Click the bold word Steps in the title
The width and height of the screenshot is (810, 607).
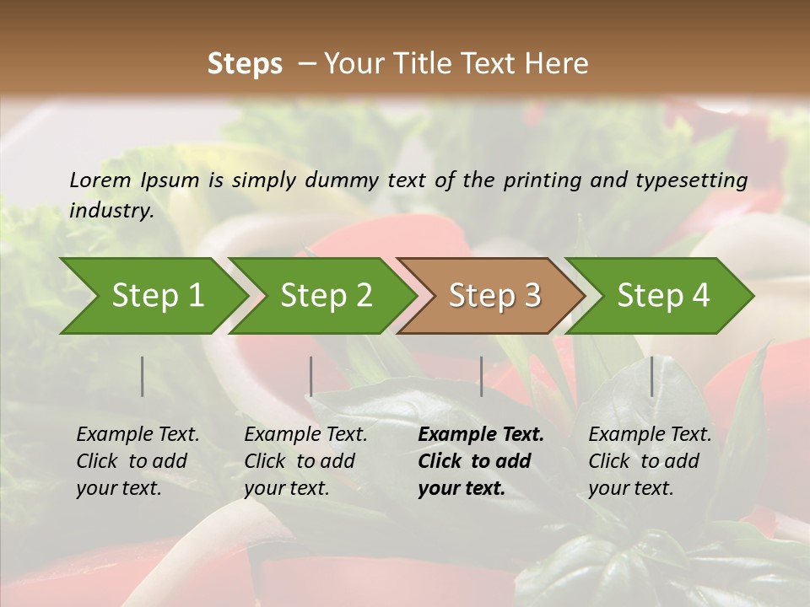click(x=245, y=64)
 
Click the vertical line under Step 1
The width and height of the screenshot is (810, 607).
click(x=143, y=376)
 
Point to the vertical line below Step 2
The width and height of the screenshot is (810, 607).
click(x=311, y=376)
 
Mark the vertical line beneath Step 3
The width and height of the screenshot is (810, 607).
click(x=481, y=376)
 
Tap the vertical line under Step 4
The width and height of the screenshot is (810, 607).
click(x=651, y=376)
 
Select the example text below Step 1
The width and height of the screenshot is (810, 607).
click(x=138, y=461)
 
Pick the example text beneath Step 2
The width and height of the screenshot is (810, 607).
click(x=305, y=461)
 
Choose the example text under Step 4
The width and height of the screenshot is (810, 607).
click(x=650, y=461)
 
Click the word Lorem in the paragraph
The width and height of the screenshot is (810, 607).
click(x=100, y=180)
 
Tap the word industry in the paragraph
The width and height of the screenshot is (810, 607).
click(x=111, y=211)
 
